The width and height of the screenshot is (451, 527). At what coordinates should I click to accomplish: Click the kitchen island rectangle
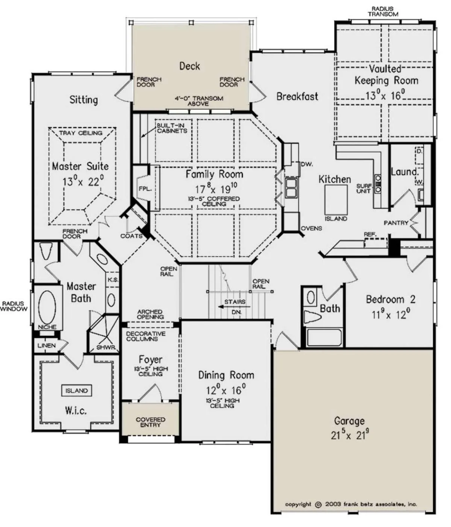[x=336, y=200]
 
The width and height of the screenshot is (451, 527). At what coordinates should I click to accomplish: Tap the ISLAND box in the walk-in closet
[x=76, y=390]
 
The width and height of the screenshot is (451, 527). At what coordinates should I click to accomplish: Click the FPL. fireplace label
[x=145, y=189]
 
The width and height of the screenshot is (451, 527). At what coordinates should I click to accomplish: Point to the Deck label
[x=189, y=66]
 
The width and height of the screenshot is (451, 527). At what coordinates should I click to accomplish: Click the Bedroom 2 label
[x=390, y=299]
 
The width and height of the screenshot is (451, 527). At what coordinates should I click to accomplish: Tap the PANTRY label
[x=396, y=223]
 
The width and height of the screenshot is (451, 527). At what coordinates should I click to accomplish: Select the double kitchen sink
[x=291, y=188]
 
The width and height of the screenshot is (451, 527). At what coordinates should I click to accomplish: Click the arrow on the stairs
[x=235, y=306]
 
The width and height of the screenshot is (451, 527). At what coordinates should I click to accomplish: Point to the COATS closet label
[x=132, y=236]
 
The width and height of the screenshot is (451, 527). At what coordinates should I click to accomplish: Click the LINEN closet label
[x=46, y=345]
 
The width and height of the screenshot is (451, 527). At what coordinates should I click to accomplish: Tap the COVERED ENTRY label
[x=150, y=422]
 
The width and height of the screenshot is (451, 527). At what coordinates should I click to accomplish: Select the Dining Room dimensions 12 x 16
[x=226, y=390]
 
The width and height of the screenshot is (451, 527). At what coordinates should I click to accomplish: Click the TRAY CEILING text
[x=81, y=133]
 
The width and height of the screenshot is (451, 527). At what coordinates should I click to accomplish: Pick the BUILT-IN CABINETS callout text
[x=172, y=128]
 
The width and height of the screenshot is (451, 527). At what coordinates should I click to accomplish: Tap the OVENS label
[x=311, y=228]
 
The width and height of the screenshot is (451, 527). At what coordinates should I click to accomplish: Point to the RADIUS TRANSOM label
[x=383, y=12]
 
